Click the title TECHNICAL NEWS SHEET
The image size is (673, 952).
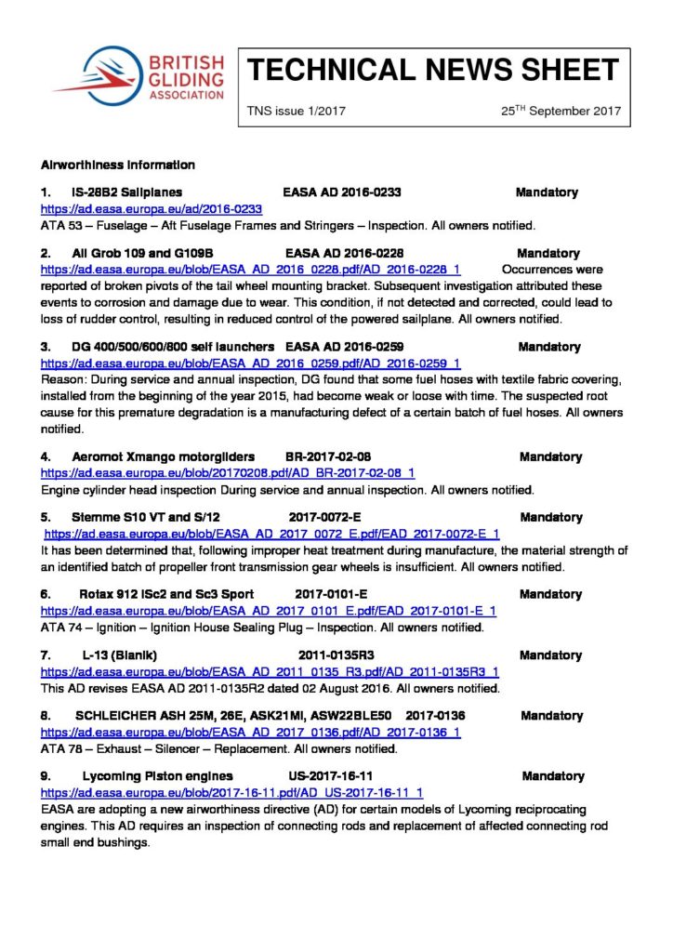coord(432,70)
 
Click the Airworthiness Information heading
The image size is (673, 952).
coord(118,165)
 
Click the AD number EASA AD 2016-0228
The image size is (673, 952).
coord(344,253)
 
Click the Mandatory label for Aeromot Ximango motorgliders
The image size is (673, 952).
coord(550,456)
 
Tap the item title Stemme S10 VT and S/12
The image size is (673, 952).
coord(145,517)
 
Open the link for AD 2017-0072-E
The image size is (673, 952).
coord(272,535)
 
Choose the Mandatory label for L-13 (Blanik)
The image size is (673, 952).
coord(550,655)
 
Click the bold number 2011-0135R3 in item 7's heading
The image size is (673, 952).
coord(336,655)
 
